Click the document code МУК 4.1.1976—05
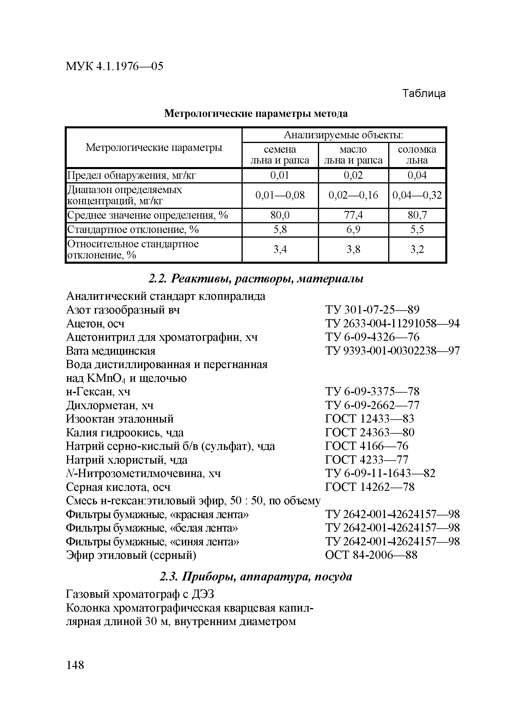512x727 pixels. [114, 66]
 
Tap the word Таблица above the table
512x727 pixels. [424, 93]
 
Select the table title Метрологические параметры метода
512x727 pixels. [256, 113]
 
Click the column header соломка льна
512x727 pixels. [417, 154]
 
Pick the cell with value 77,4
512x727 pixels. [353, 215]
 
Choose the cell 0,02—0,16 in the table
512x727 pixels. [353, 195]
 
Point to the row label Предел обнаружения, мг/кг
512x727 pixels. [131, 175]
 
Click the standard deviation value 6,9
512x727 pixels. [353, 229]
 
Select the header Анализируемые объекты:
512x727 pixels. [343, 135]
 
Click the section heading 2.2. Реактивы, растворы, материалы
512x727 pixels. [256, 279]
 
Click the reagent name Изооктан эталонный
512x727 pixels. [120, 419]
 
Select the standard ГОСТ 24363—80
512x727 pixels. [370, 433]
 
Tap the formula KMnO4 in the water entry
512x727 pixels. [106, 378]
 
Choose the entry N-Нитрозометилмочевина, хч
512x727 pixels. [143, 473]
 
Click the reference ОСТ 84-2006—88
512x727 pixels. [371, 555]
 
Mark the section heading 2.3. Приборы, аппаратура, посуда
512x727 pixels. [256, 577]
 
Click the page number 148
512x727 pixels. [75, 665]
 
